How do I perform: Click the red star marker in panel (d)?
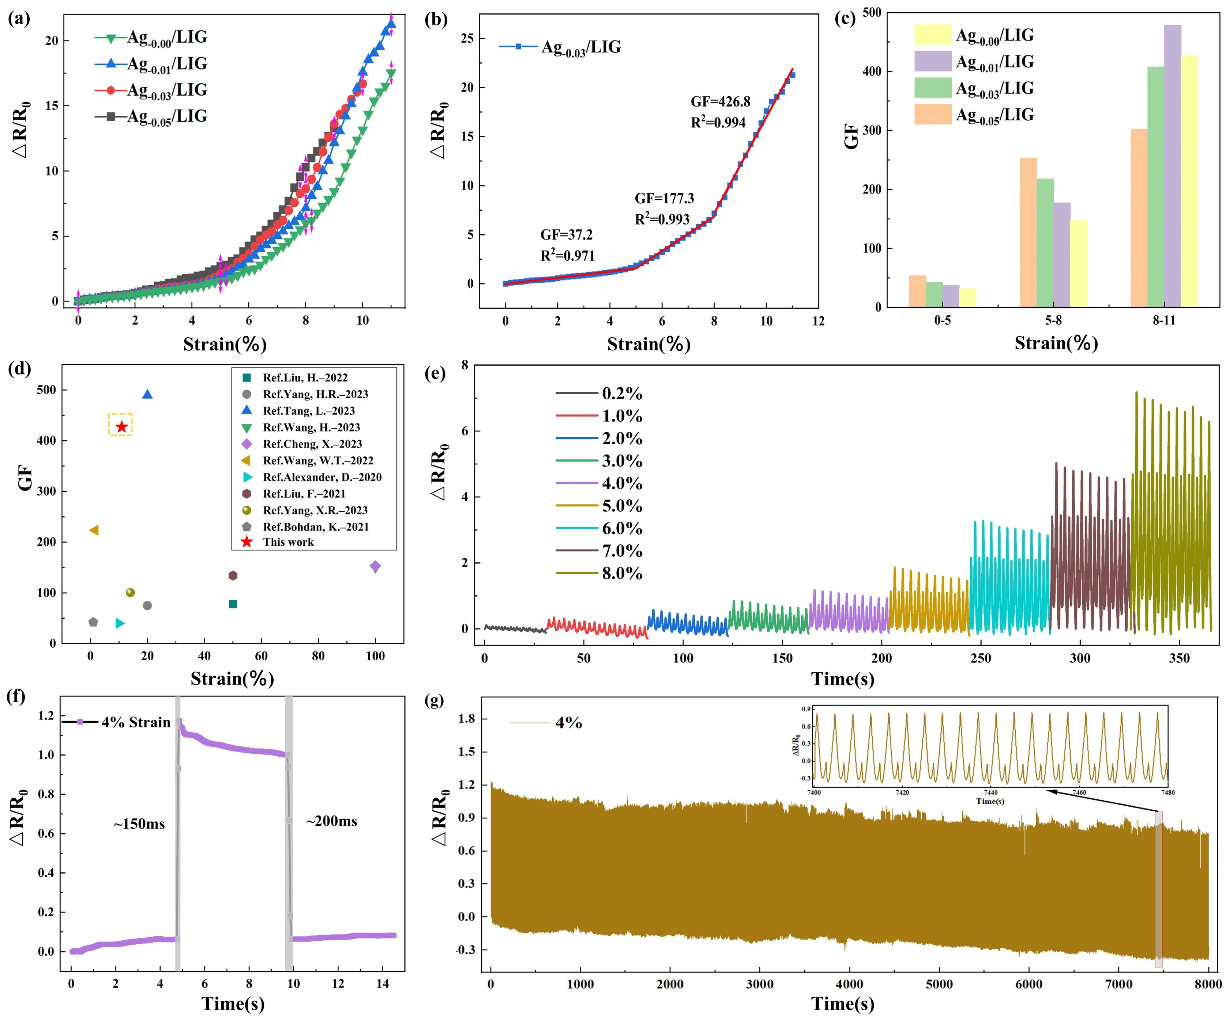tap(121, 427)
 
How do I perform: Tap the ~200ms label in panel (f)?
tap(331, 821)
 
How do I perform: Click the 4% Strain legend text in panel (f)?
tap(136, 722)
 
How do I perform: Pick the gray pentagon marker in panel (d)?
tap(93, 622)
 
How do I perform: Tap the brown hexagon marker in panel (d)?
tap(233, 575)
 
